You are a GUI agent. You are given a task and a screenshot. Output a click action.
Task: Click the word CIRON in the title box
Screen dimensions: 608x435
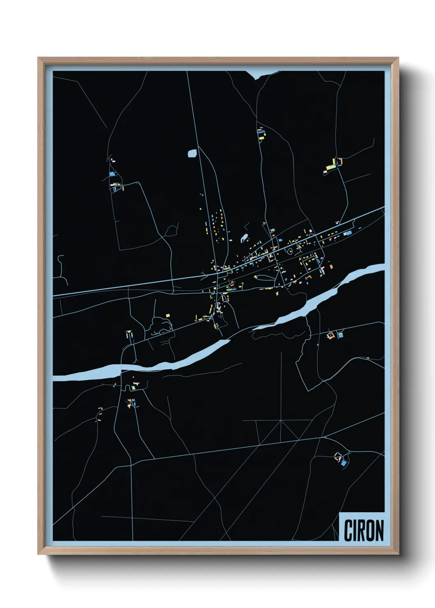(363, 530)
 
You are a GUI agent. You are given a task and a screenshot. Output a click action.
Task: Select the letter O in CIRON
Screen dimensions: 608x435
(368, 530)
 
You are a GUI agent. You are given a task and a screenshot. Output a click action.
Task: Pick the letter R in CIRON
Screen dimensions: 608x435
(360, 530)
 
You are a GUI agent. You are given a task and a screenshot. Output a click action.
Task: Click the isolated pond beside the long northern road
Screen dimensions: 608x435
(192, 154)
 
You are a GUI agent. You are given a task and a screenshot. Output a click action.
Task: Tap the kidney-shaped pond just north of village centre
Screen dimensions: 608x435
(245, 237)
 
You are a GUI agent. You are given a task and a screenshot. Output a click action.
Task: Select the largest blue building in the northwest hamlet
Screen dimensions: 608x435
(112, 174)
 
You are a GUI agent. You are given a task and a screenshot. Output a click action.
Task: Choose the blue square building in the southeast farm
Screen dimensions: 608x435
(343, 463)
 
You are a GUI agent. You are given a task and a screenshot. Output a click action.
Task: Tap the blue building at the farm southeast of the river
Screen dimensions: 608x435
(340, 335)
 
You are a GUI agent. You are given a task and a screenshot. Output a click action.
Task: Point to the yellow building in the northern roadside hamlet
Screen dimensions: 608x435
(261, 138)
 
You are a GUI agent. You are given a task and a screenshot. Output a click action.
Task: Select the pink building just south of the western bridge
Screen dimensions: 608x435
(136, 383)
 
